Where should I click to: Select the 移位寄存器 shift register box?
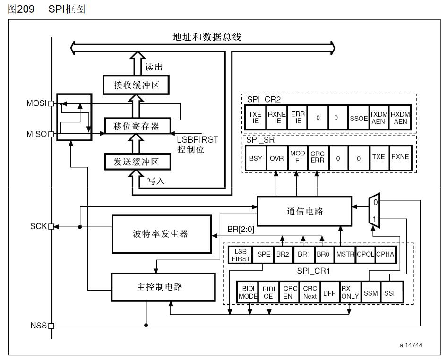point(137,126)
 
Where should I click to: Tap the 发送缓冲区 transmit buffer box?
point(137,162)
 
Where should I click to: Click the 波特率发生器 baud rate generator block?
point(161,234)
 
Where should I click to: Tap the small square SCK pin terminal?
point(51,227)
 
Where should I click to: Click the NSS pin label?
point(38,326)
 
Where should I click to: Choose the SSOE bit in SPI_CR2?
point(358,118)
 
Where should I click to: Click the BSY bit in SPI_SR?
point(255,158)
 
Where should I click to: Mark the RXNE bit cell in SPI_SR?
point(399,158)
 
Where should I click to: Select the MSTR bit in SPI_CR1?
point(345,254)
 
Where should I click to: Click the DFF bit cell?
point(329,293)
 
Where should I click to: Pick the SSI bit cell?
point(389,293)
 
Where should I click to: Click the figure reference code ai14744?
point(411,345)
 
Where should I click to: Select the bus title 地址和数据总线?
point(207,37)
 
